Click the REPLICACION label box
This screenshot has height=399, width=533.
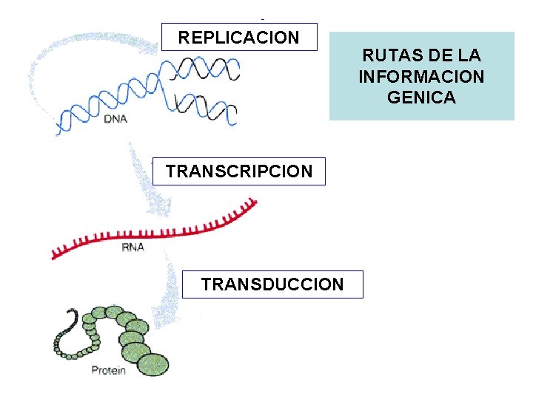(238, 36)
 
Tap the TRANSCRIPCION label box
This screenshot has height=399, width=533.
(238, 171)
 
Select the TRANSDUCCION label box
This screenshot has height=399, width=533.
(272, 284)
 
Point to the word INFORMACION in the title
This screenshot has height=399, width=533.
(421, 76)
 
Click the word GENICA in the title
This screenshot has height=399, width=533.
(421, 97)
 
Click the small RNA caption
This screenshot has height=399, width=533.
(133, 248)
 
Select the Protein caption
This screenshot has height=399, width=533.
(108, 370)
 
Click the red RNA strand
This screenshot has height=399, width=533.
(163, 229)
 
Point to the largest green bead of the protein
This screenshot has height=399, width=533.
(153, 364)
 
